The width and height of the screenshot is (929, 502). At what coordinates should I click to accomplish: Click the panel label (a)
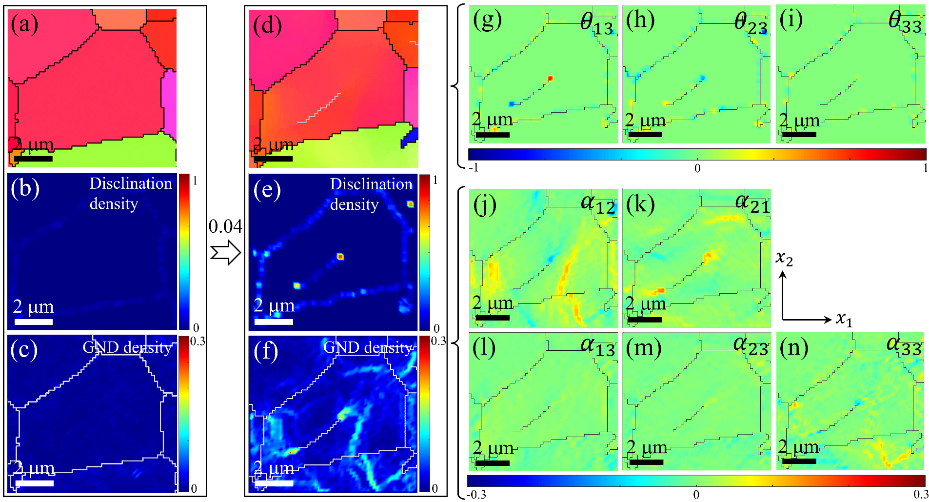pos(24,24)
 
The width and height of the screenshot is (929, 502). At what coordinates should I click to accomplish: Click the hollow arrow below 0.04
pos(226,253)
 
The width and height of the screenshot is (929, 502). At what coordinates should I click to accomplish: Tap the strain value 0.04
pos(225,226)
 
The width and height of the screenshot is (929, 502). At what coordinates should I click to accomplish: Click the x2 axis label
pos(784,258)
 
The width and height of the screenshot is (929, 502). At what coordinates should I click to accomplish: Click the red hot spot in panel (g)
pos(550,78)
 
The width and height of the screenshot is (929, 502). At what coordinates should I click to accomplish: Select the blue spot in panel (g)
pos(512,103)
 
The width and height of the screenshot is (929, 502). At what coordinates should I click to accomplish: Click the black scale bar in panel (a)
pos(33,159)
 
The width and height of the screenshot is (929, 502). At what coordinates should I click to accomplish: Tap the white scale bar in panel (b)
pos(33,321)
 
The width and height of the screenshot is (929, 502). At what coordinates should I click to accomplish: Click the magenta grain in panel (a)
pos(169,102)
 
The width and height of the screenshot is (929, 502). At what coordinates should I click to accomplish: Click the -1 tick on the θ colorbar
pos(473,168)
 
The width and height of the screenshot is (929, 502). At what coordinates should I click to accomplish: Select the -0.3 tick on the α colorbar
pos(476,495)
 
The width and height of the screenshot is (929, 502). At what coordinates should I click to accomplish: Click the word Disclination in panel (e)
pos(371,184)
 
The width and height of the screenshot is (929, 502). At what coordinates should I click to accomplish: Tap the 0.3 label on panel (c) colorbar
pos(198,341)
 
